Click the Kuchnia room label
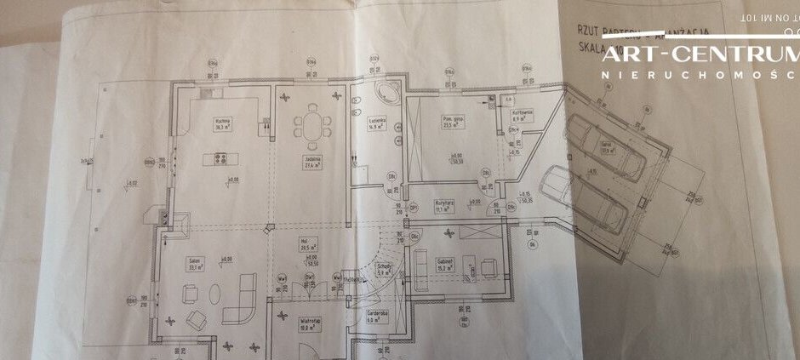tap(225, 123)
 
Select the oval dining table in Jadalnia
tap(313, 127)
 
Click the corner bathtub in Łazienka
tap(380, 94)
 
